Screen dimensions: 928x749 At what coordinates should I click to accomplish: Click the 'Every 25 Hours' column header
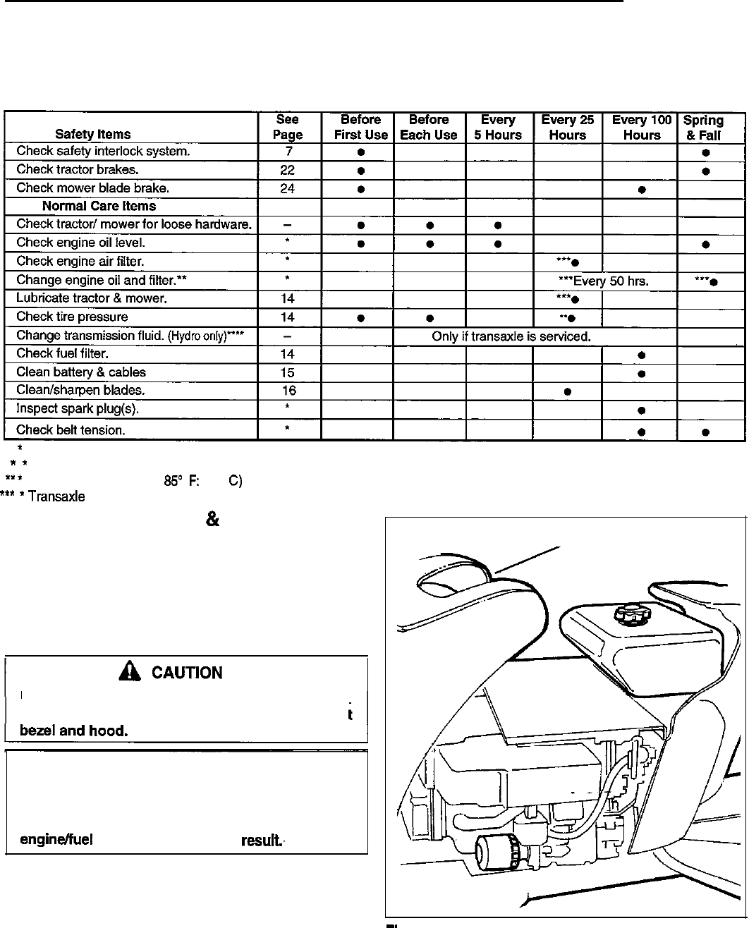pos(568,127)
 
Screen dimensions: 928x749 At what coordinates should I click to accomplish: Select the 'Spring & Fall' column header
pos(703,128)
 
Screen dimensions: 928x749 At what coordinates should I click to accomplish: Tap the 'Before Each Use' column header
pos(428,127)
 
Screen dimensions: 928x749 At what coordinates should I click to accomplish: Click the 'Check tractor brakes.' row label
pos(78,169)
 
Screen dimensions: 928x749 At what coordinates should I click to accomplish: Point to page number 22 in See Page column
pos(287,170)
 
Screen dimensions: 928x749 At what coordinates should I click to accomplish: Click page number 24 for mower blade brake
pos(287,188)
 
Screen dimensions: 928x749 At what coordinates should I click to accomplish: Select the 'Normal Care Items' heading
pos(99,207)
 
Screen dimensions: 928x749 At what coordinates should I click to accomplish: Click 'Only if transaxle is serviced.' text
pos(511,336)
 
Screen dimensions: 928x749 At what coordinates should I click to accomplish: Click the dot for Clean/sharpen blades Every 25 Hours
pos(568,391)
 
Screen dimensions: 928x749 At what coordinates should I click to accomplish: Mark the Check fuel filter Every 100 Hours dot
pos(641,355)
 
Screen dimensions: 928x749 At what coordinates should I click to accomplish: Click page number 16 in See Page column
pos(287,391)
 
